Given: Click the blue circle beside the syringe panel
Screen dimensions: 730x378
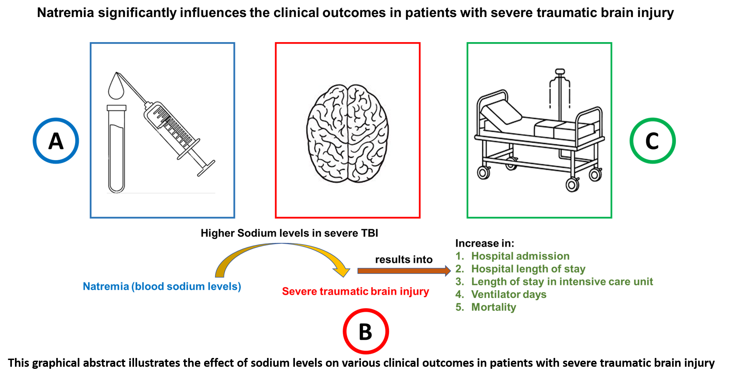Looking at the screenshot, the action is (56, 140).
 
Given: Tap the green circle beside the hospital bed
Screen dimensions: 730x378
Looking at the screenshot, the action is (652, 140).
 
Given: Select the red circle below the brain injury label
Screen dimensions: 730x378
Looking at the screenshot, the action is (366, 331).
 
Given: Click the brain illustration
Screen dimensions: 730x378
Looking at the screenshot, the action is (347, 134).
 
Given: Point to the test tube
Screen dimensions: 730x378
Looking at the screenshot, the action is (116, 153).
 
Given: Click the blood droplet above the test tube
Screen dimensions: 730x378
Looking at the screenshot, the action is (116, 88).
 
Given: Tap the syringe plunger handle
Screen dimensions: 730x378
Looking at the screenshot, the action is (206, 168).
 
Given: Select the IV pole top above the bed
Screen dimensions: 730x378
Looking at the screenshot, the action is (560, 72).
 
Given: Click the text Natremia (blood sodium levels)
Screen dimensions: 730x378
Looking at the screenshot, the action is (162, 287).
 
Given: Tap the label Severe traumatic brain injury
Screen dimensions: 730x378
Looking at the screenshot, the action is (355, 291).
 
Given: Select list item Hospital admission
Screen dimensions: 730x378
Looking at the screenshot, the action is (520, 256).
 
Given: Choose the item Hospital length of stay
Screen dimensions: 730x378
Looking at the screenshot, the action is (528, 269).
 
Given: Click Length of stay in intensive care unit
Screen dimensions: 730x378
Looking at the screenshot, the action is (562, 281).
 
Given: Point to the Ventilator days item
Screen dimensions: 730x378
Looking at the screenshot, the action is (509, 294).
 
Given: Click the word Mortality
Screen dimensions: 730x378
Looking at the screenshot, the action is (494, 307).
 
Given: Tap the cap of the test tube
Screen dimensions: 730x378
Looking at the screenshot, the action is (116, 108).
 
